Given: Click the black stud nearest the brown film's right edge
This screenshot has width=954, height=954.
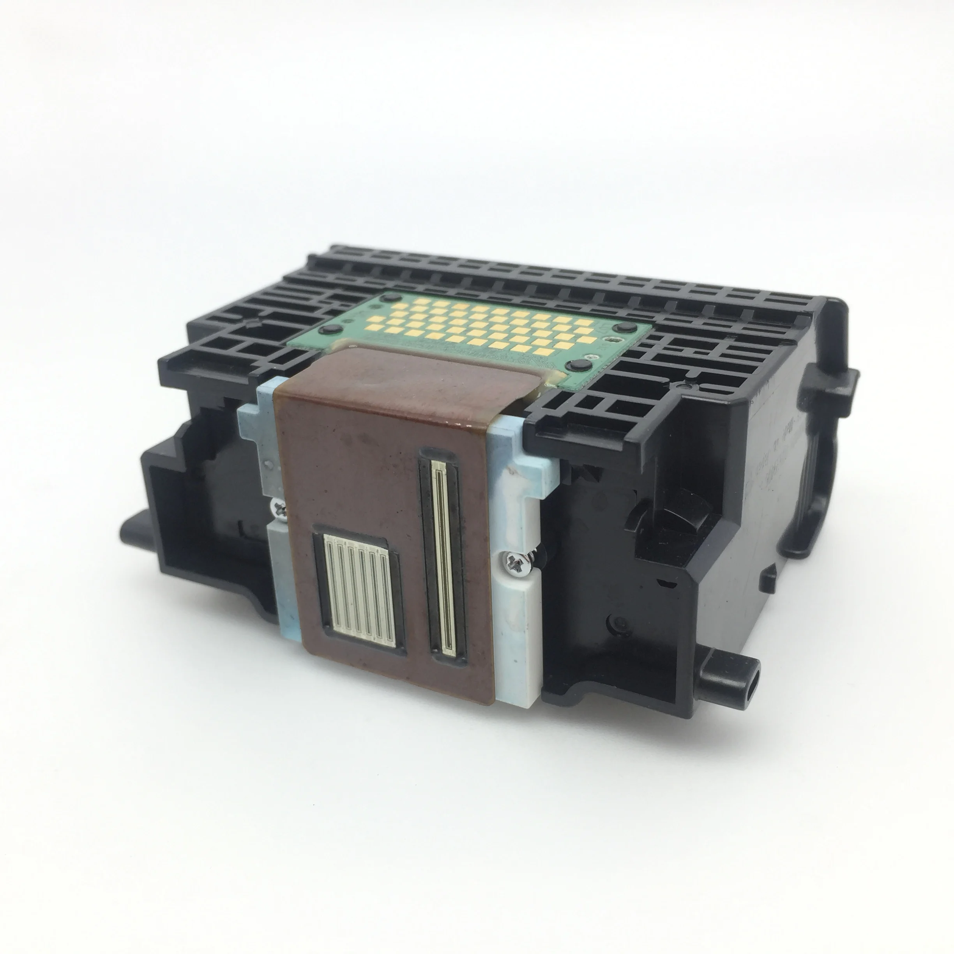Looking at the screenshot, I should click(x=575, y=366).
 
